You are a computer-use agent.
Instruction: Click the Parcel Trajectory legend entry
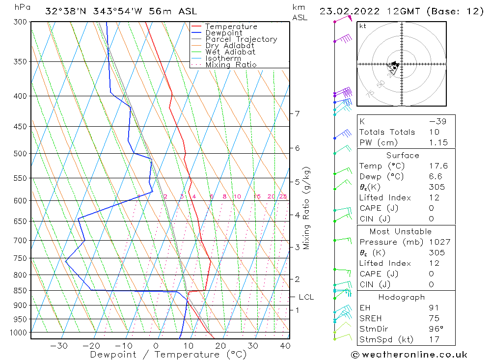pyautogui.click(x=241, y=39)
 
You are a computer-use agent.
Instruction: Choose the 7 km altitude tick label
pyautogui.click(x=297, y=113)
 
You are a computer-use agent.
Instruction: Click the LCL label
pyautogui.click(x=306, y=297)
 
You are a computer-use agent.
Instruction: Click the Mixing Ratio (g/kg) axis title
pyautogui.click(x=307, y=208)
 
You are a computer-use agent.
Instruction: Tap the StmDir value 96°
pyautogui.click(x=436, y=329)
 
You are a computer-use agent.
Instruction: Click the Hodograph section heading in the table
pyautogui.click(x=402, y=298)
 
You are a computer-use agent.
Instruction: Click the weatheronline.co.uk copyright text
pyautogui.click(x=409, y=355)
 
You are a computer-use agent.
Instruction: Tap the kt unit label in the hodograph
pyautogui.click(x=363, y=26)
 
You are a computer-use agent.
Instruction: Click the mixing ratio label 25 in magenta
pyautogui.click(x=283, y=197)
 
